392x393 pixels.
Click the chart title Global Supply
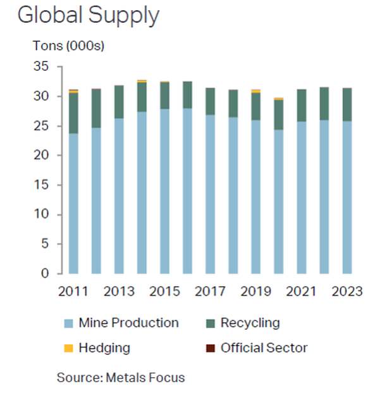[89, 15]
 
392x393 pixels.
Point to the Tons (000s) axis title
[68, 46]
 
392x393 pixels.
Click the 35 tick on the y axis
[42, 66]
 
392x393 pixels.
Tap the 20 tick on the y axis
[42, 155]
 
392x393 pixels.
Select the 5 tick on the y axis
[46, 244]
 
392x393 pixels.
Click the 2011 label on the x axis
[73, 291]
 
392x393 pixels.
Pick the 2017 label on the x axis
[210, 291]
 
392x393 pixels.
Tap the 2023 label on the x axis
[347, 291]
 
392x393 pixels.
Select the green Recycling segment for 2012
[96, 108]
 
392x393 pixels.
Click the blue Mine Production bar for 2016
[187, 190]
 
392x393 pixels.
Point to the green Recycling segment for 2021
[302, 105]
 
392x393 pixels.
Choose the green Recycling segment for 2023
[347, 104]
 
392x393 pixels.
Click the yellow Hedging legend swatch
[69, 348]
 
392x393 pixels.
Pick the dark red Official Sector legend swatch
[211, 348]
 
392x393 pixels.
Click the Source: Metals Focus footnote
[121, 378]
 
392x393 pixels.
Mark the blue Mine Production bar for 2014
[142, 192]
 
